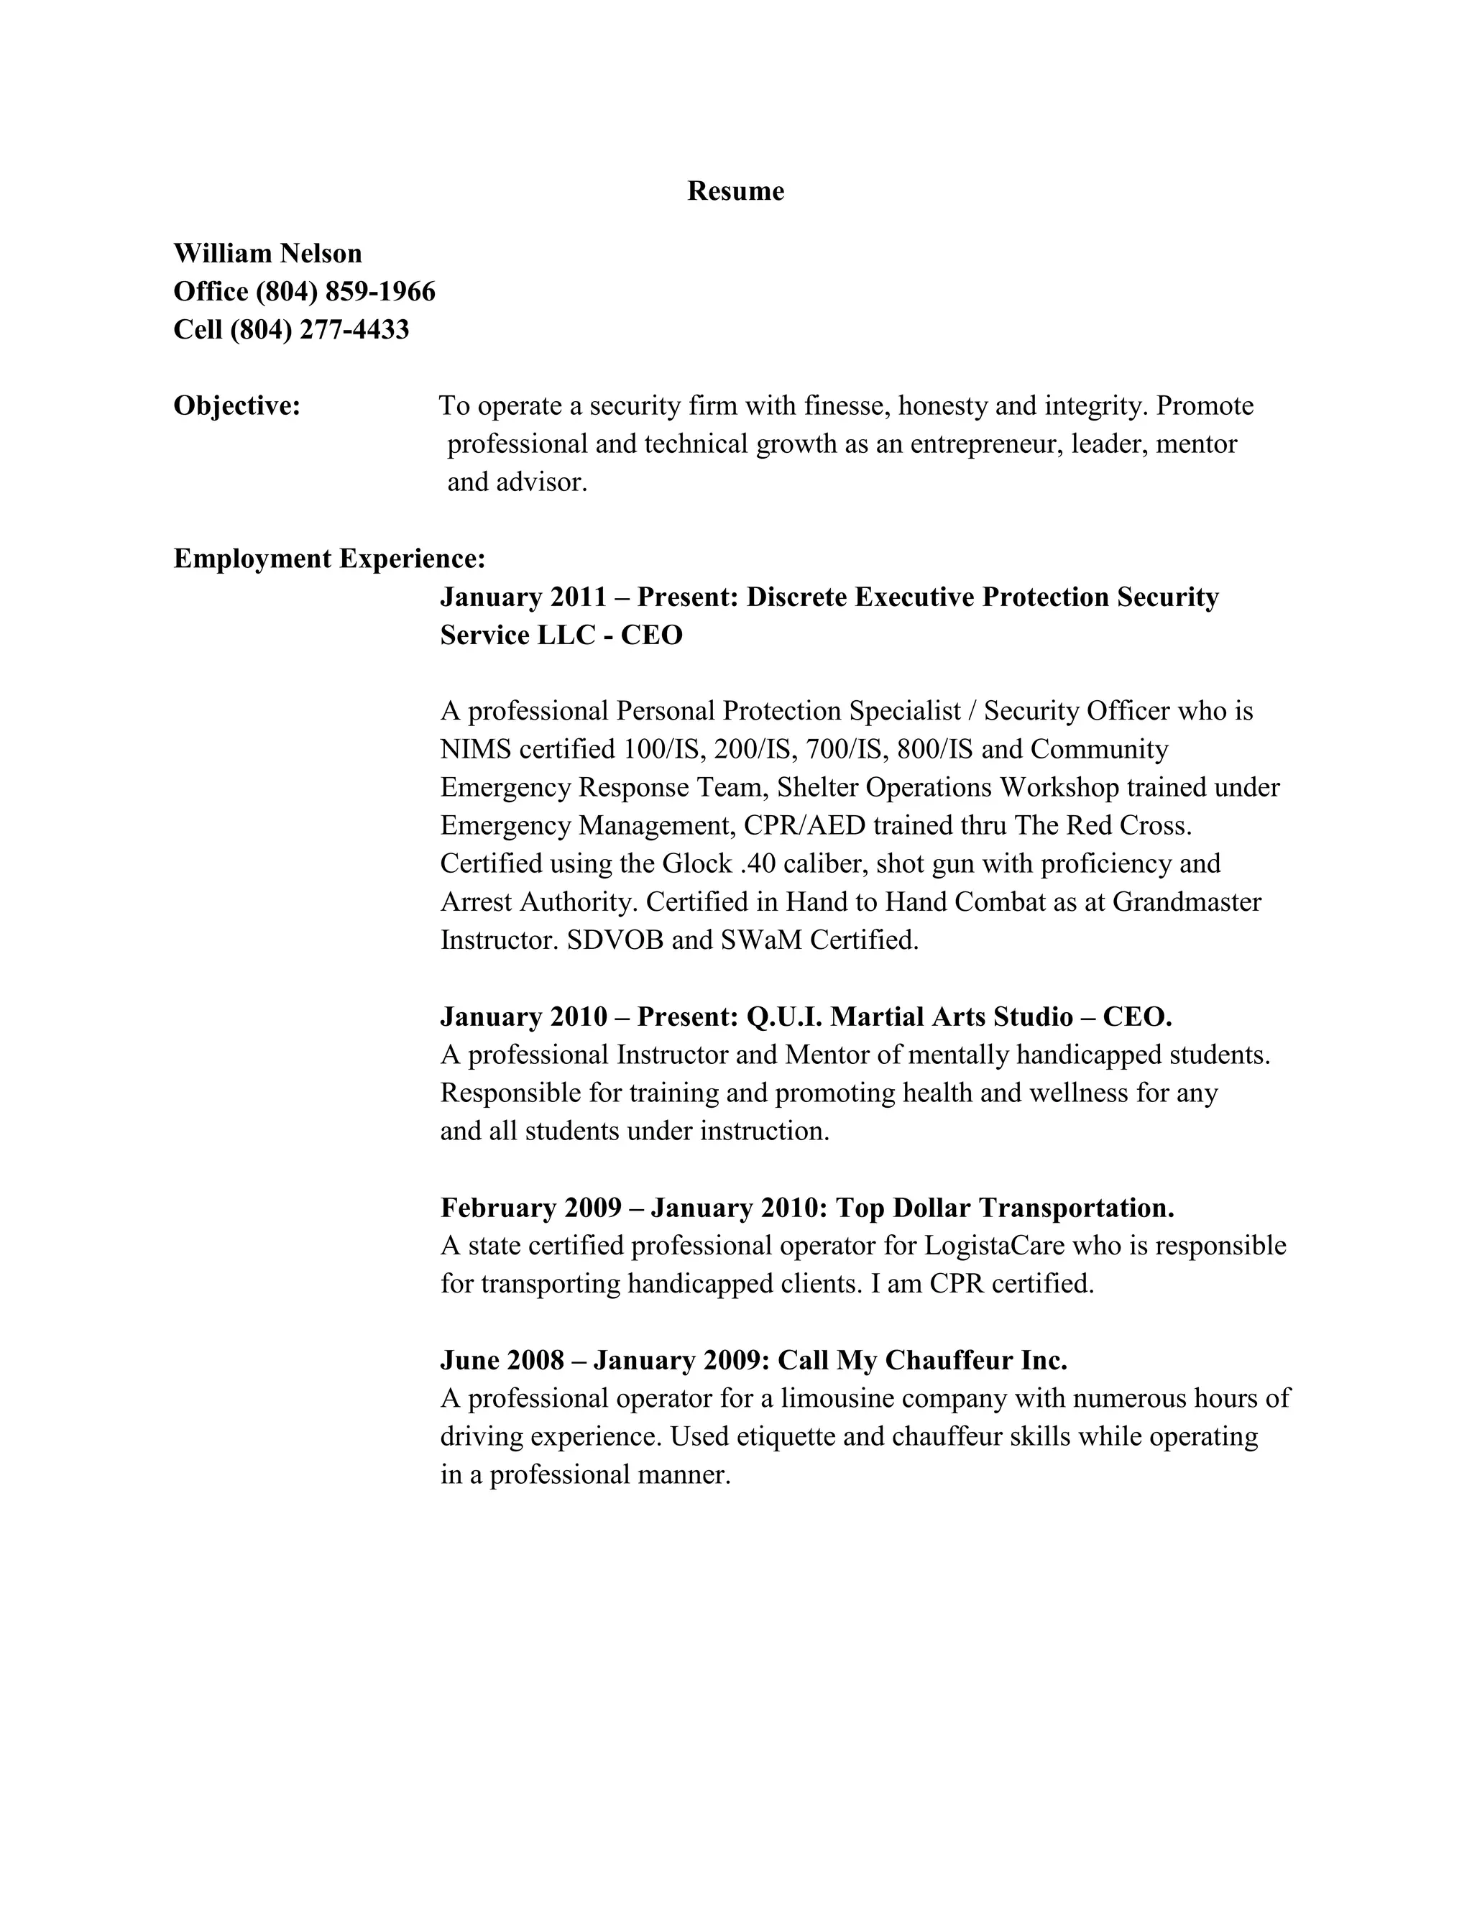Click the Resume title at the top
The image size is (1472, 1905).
pos(735,191)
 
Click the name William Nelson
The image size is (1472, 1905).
pos(267,254)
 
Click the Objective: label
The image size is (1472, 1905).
pos(237,405)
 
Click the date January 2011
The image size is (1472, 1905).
pos(523,597)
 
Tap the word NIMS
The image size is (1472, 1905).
pos(475,749)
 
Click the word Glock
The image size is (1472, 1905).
pos(696,863)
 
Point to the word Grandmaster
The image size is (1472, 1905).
pos(1187,902)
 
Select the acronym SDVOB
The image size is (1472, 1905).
pos(615,940)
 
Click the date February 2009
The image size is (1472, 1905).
pos(531,1208)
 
